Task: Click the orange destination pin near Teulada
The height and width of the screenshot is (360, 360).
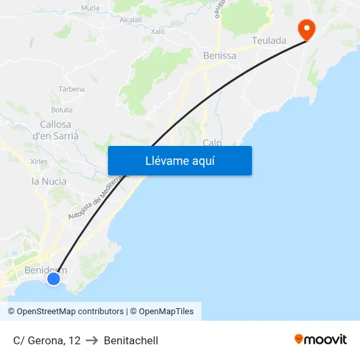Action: (x=306, y=28)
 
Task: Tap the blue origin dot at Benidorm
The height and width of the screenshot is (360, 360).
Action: (x=54, y=279)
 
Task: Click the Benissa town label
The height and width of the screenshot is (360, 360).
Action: (x=220, y=56)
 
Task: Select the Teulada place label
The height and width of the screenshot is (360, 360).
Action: (x=269, y=41)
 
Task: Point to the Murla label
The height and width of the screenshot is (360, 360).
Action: (x=90, y=8)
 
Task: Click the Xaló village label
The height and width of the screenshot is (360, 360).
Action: (x=158, y=31)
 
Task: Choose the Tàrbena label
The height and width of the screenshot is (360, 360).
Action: (x=71, y=89)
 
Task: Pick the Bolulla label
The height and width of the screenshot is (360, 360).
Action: (x=62, y=110)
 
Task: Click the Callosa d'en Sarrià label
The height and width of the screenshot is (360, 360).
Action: (x=56, y=130)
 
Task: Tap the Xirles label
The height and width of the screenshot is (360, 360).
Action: (x=39, y=161)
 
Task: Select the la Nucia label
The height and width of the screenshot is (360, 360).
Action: (x=49, y=181)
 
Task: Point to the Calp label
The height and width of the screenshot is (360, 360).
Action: (x=212, y=142)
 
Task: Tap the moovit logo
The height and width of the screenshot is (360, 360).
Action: (x=321, y=340)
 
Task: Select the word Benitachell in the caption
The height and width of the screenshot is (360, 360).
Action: (x=131, y=340)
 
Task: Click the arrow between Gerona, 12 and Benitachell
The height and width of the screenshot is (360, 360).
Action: (x=92, y=340)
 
